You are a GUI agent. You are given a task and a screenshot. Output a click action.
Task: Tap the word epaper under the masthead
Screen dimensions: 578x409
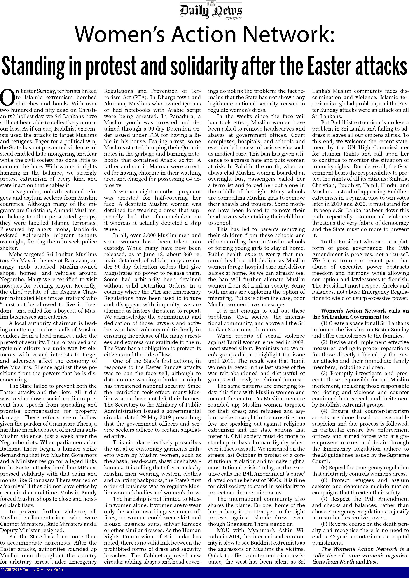[x=234, y=18]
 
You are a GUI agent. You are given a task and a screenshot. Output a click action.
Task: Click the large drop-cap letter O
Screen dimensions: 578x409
[x=7, y=98]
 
